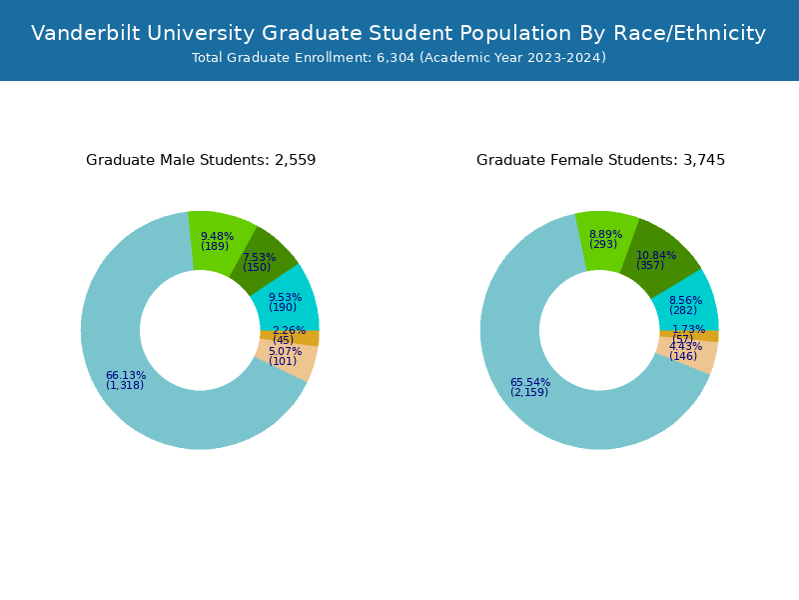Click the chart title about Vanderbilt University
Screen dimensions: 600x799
pos(399,33)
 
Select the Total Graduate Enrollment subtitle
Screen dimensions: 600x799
pos(399,58)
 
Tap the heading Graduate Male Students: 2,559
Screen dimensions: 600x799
pos(201,160)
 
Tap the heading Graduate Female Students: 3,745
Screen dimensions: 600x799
pos(600,160)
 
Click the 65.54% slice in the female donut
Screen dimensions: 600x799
pos(539,410)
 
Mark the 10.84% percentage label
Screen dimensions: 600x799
pos(656,256)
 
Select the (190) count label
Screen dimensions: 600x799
pos(283,308)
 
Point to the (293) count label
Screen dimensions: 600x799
pos(603,245)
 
